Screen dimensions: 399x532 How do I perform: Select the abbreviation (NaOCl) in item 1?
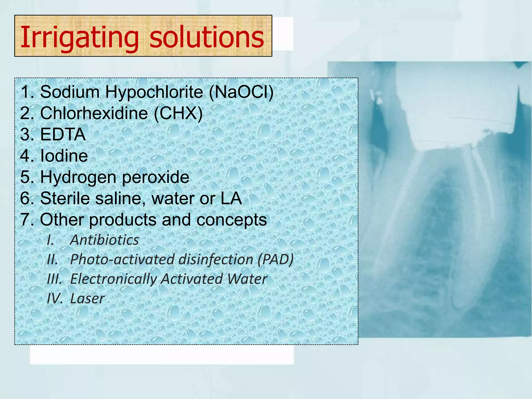click(x=241, y=92)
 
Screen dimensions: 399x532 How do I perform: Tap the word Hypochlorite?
click(x=154, y=92)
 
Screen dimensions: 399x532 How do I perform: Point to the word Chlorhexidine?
click(x=94, y=114)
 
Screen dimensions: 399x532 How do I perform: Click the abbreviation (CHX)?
click(x=178, y=114)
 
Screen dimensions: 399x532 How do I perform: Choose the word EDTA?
click(x=63, y=135)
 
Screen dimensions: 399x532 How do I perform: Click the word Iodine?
click(x=64, y=156)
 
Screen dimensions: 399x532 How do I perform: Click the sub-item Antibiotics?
click(x=104, y=240)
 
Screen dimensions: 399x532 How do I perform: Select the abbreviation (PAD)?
click(x=275, y=259)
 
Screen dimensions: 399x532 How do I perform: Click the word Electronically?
click(x=113, y=279)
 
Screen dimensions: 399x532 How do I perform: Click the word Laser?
click(x=88, y=298)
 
